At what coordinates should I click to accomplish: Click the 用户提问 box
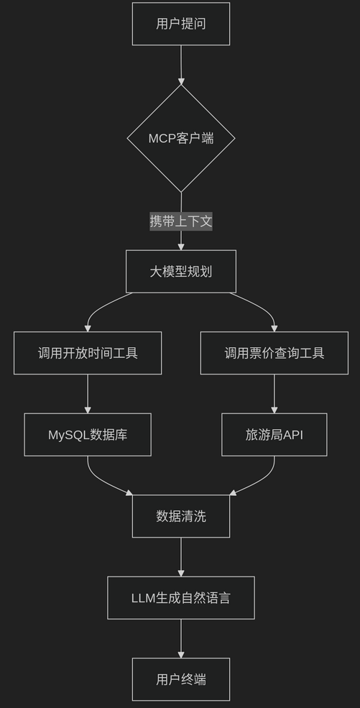pyautogui.click(x=180, y=24)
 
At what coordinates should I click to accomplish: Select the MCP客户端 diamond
pyautogui.click(x=180, y=138)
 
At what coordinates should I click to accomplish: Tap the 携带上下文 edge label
pyautogui.click(x=180, y=221)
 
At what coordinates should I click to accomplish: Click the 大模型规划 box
pyautogui.click(x=180, y=272)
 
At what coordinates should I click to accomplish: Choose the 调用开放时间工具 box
pyautogui.click(x=88, y=353)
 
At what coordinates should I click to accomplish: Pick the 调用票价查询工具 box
pyautogui.click(x=274, y=353)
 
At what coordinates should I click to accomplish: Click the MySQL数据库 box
pyautogui.click(x=88, y=434)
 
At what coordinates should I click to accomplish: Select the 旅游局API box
pyautogui.click(x=274, y=434)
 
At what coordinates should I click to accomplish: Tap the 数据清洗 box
pyautogui.click(x=180, y=516)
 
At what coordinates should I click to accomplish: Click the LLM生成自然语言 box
pyautogui.click(x=180, y=597)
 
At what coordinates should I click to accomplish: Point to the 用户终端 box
pyautogui.click(x=180, y=679)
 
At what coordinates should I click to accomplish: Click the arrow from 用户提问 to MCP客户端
pyautogui.click(x=180, y=65)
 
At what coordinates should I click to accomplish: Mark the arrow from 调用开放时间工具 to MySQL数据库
pyautogui.click(x=88, y=393)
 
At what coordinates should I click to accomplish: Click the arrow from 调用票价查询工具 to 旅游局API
pyautogui.click(x=274, y=393)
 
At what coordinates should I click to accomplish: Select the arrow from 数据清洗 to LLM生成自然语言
pyautogui.click(x=180, y=556)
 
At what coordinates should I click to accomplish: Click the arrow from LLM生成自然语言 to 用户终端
pyautogui.click(x=180, y=638)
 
